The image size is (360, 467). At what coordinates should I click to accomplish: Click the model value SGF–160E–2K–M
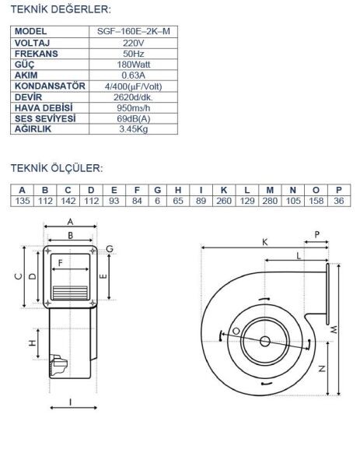[133, 31]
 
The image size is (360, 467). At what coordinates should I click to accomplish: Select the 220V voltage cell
[133, 43]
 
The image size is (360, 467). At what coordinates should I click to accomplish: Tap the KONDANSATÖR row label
[50, 86]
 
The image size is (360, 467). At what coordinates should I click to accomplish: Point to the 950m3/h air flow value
[133, 108]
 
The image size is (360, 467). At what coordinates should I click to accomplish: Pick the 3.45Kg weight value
[133, 129]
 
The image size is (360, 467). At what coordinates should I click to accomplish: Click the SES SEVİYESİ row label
[45, 118]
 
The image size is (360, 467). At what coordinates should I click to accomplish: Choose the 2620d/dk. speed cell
[133, 97]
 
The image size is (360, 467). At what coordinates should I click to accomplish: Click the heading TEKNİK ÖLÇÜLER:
[57, 168]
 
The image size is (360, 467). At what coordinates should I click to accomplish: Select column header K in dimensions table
[224, 190]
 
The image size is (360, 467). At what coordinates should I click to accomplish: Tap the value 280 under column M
[270, 201]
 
